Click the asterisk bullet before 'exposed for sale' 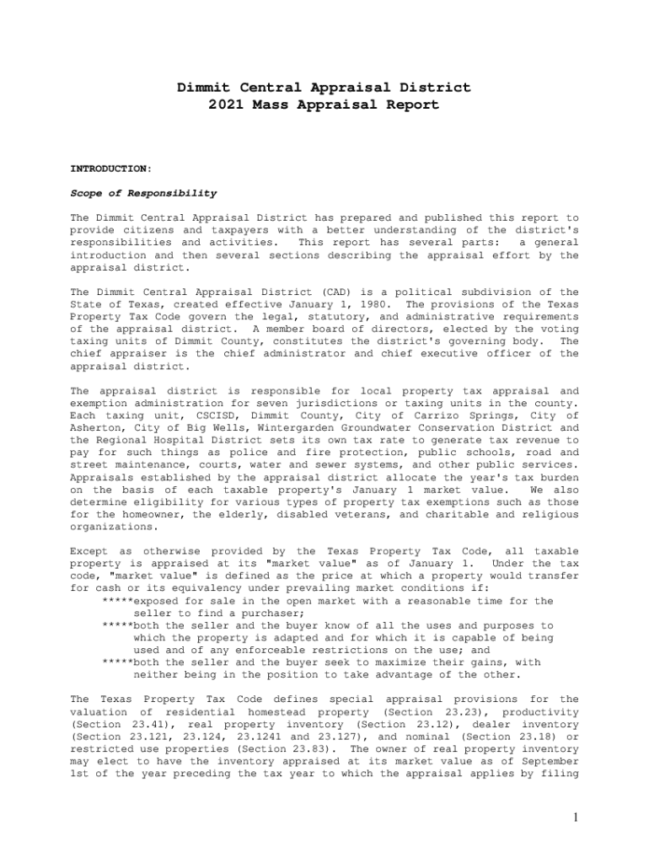[x=116, y=601]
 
